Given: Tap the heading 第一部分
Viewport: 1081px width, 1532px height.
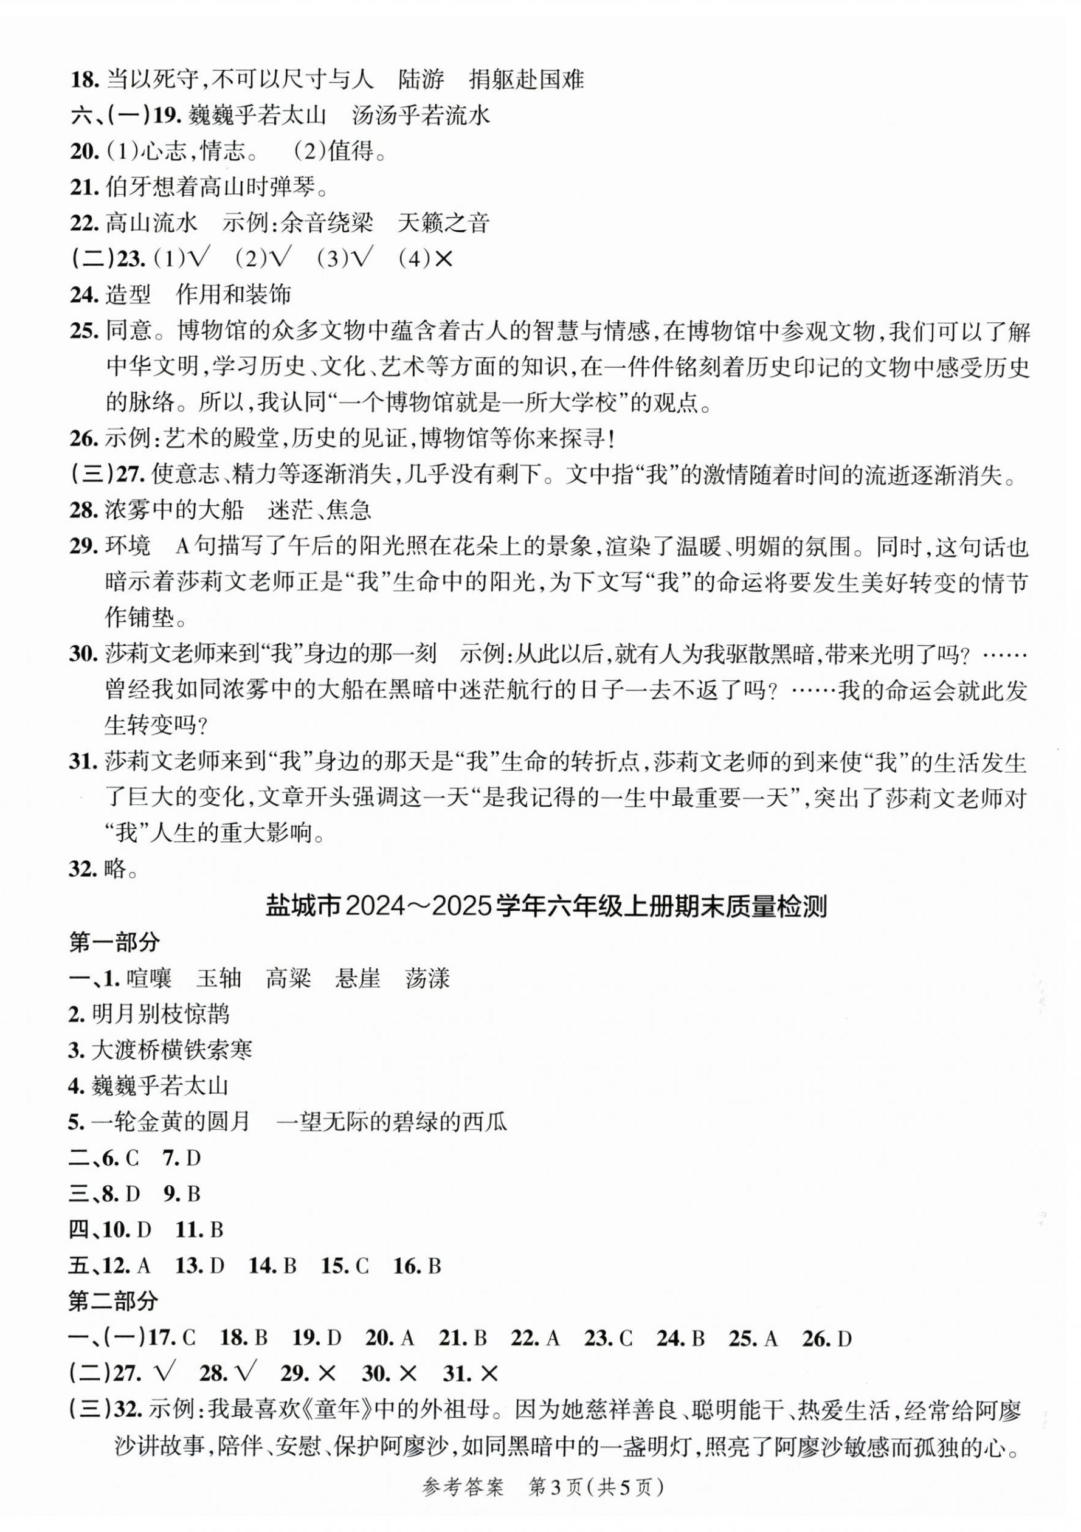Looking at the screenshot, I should click(114, 942).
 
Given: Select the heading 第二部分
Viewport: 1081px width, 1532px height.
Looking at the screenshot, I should click(114, 1300).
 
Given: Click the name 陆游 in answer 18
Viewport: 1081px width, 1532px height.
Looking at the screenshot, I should click(421, 80).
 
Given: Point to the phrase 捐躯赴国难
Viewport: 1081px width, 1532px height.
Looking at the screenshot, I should click(527, 80).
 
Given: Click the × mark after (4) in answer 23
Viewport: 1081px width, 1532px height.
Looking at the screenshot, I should click(443, 259).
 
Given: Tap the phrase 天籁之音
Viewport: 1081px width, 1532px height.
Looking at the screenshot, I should click(443, 223).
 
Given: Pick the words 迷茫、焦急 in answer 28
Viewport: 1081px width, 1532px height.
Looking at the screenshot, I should click(319, 511).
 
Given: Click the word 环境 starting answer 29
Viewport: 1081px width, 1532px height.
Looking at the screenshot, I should click(128, 547).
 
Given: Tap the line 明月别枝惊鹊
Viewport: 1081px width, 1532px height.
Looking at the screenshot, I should click(160, 1014).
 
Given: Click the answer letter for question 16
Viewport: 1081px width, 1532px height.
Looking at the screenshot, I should click(434, 1266).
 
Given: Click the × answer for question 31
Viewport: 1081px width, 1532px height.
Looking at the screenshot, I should click(488, 1373).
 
